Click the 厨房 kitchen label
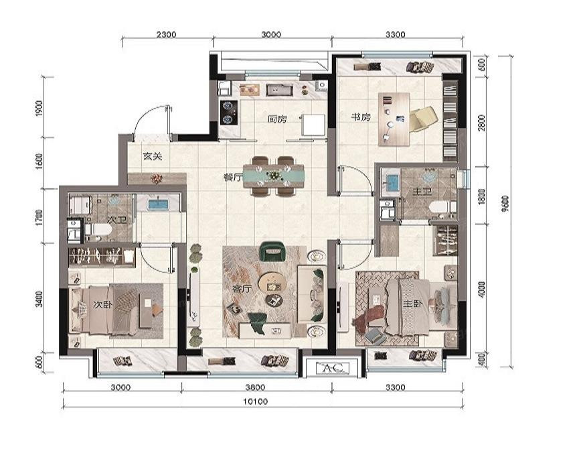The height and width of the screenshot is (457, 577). point(276,119)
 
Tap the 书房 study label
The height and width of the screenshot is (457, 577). point(361,117)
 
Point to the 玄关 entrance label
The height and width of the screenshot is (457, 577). point(153,156)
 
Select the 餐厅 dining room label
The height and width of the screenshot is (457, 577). point(233,178)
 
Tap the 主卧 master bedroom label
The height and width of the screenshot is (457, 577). point(413,304)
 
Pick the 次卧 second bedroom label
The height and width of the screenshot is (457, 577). point(102,305)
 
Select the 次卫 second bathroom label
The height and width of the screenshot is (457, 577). point(116,220)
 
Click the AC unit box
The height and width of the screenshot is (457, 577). point(332,367)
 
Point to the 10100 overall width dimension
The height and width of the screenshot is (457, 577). point(256,401)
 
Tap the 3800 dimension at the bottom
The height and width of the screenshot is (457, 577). point(255,387)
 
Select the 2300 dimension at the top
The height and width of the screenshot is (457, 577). point(166,35)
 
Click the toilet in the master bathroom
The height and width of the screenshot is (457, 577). point(442,207)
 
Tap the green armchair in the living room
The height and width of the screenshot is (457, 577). point(272,251)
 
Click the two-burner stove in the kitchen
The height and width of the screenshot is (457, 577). point(228,113)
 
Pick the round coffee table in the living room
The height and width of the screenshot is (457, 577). point(272,283)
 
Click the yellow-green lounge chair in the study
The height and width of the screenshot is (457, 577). point(423,118)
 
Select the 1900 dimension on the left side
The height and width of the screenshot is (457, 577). point(39,108)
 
